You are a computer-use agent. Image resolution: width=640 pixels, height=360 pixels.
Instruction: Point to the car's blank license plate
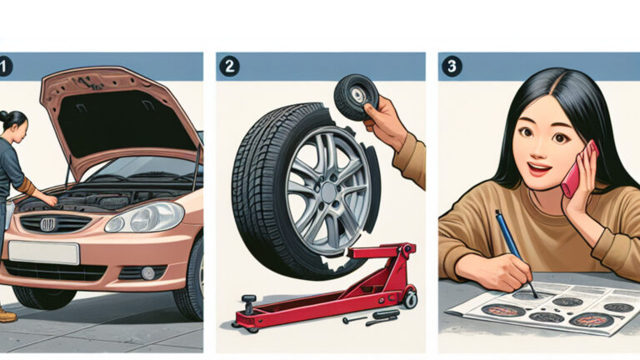pos(43,252)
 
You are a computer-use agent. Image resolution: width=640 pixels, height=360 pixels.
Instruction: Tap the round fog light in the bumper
pos(147,272)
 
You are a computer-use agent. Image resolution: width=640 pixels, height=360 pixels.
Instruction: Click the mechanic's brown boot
pos(6,314)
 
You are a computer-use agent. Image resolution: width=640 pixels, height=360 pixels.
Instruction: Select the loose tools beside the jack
pos(367,317)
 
